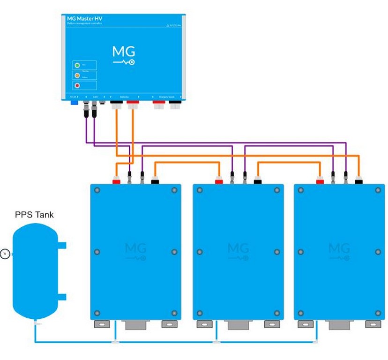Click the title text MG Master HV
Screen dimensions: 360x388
coord(85,18)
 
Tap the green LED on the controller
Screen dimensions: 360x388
coord(77,65)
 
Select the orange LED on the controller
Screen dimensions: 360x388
coord(77,75)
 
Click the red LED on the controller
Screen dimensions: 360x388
coord(77,85)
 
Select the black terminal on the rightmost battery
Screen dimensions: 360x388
coord(359,180)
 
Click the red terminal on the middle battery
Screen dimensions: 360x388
coord(219,180)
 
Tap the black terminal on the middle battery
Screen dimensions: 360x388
coord(258,180)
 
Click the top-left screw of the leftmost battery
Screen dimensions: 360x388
coord(97,190)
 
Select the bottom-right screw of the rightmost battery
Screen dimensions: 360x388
coord(378,313)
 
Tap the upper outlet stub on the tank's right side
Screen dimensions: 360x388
coord(62,245)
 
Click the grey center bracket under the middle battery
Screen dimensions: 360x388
coord(238,325)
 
